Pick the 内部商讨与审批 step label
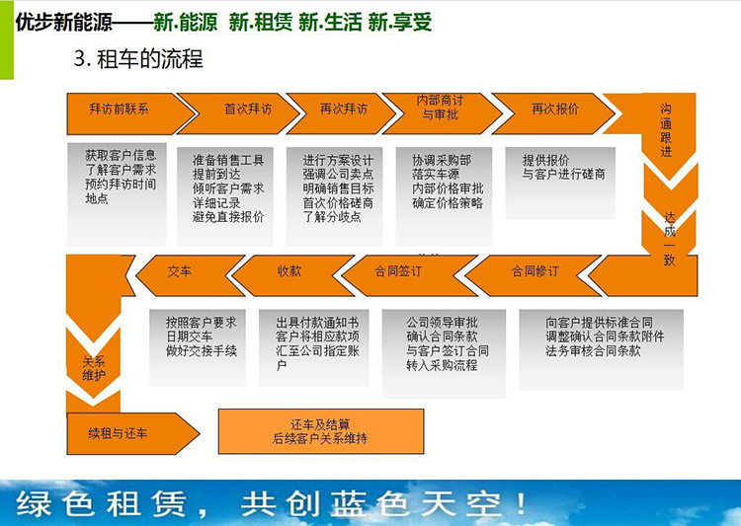click(440, 108)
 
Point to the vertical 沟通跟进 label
click(666, 130)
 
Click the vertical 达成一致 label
click(669, 239)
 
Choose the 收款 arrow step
click(290, 274)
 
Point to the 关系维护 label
click(94, 369)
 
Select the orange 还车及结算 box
click(321, 431)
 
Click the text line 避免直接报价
click(228, 217)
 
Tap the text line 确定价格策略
click(448, 203)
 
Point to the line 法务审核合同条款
click(593, 350)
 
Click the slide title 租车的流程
click(150, 59)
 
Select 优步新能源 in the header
click(64, 22)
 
